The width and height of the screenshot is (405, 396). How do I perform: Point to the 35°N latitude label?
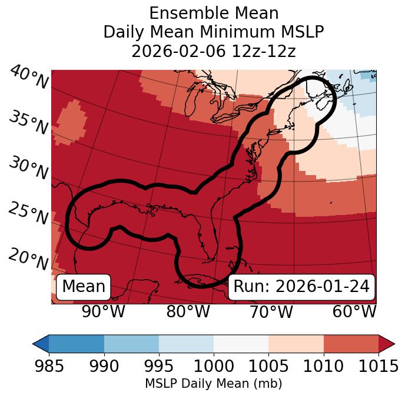[28, 122]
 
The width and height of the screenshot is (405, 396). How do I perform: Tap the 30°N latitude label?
[28, 169]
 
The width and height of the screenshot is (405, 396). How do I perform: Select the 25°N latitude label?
[28, 214]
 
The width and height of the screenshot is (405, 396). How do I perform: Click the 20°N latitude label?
[28, 259]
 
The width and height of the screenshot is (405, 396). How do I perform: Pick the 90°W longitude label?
[103, 311]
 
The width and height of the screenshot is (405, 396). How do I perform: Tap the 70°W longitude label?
[271, 311]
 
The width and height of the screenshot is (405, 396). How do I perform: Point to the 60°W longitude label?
[354, 311]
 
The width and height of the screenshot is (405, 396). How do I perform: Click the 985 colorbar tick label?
[49, 367]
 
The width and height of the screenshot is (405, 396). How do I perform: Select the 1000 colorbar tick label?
[213, 367]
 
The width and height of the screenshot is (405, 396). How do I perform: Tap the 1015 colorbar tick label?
[377, 367]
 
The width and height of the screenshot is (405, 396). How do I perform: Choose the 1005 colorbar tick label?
[268, 367]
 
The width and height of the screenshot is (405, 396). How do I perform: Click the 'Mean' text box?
[84, 287]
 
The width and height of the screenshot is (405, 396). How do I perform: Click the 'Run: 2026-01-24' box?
[301, 287]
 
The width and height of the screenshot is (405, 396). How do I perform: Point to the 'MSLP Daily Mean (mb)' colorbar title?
[213, 384]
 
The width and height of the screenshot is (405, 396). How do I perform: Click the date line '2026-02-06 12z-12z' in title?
[213, 51]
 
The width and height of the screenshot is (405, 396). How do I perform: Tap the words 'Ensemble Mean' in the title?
[213, 13]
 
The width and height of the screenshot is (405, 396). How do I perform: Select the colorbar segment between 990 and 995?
[131, 344]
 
